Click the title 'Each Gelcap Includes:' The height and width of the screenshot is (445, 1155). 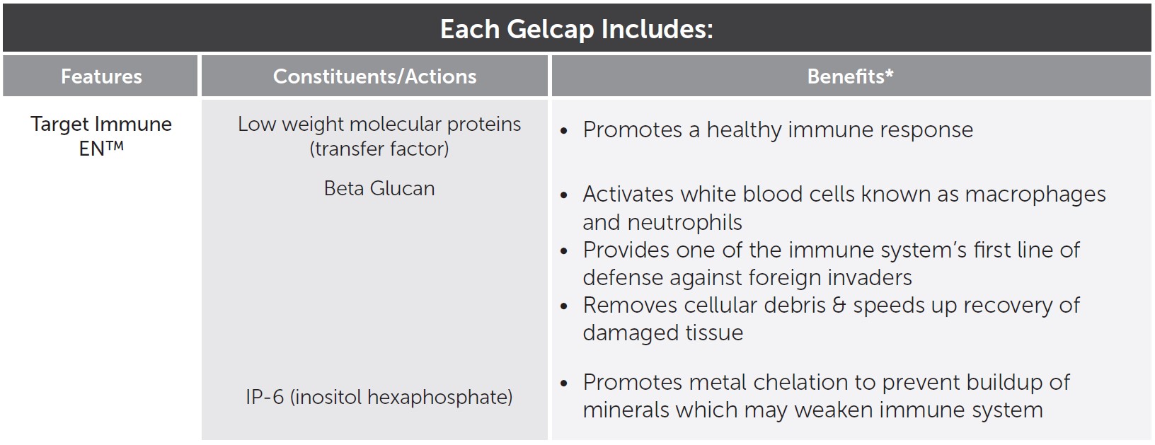click(x=577, y=30)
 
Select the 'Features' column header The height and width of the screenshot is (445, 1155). click(x=101, y=76)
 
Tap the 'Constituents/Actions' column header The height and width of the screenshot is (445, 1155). click(x=375, y=76)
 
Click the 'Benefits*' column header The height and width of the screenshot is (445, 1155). click(x=850, y=76)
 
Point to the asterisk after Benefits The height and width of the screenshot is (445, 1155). click(x=889, y=73)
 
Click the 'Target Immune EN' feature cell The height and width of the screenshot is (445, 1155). click(x=101, y=136)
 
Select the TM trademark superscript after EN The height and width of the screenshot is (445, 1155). click(x=115, y=145)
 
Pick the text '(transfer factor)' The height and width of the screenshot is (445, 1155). click(x=379, y=149)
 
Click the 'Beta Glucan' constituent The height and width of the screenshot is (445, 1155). click(x=379, y=188)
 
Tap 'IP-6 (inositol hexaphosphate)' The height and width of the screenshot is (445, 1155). click(x=379, y=397)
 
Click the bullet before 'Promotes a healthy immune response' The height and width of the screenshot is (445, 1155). click(x=564, y=131)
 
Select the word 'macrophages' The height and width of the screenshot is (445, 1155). click(x=1035, y=195)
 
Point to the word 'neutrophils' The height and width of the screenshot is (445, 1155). click(x=684, y=223)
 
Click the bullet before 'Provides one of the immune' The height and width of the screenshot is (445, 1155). click(x=564, y=251)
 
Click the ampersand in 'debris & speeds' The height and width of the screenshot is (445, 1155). click(x=839, y=305)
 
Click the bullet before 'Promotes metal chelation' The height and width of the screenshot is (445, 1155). click(x=564, y=383)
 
